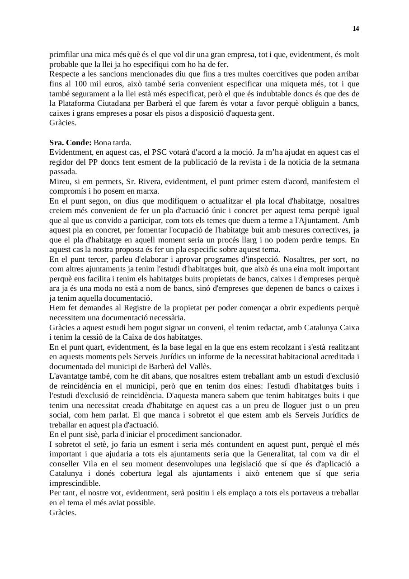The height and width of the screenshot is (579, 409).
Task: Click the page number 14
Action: (x=356, y=29)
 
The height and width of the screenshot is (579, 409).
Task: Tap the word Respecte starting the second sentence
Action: (x=65, y=74)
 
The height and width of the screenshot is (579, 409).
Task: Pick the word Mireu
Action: (x=60, y=181)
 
